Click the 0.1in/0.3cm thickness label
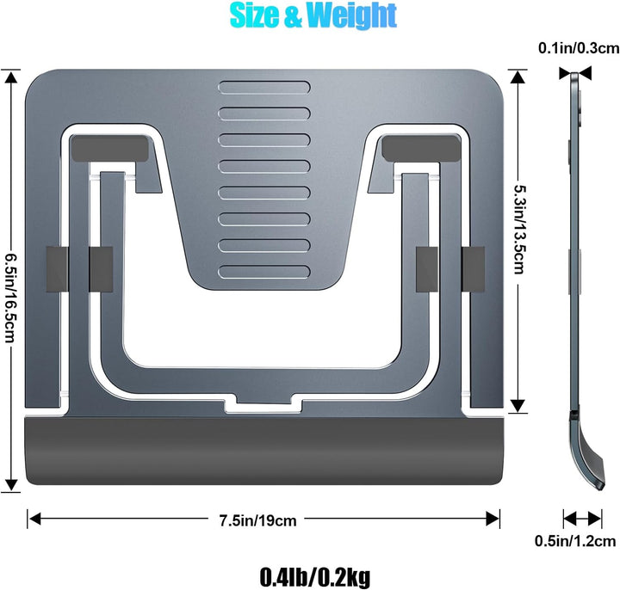point(575,49)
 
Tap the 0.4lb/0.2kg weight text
point(314,575)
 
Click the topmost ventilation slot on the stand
point(263,88)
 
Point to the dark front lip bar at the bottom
point(263,453)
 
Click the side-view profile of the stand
point(575,258)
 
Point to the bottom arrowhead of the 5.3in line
point(518,404)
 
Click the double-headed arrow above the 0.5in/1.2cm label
point(583,519)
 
